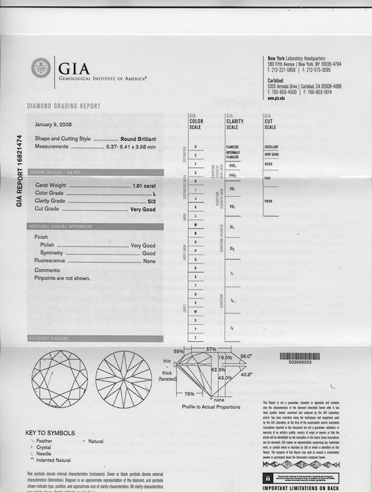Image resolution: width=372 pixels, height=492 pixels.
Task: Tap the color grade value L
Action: click(154, 193)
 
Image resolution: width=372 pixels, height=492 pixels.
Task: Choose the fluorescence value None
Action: click(149, 261)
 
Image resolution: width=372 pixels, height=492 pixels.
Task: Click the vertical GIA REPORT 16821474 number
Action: click(19, 171)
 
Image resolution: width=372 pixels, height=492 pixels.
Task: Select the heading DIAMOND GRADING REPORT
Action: click(64, 106)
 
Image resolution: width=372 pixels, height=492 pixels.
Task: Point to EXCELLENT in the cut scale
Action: click(272, 146)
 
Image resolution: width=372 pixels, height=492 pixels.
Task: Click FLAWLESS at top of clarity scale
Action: click(232, 146)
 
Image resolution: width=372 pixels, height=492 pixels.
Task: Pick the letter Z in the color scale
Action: click(196, 338)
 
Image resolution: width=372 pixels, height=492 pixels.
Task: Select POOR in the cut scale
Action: click(269, 201)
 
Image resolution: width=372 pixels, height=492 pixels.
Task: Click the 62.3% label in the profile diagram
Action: click(218, 370)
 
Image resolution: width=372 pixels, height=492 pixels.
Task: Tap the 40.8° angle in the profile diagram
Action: click(246, 375)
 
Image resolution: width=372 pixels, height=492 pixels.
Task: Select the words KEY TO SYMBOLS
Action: click(50, 432)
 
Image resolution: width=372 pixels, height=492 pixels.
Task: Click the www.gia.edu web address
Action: click(275, 98)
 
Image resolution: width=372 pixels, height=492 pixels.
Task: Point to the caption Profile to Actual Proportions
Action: click(211, 407)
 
